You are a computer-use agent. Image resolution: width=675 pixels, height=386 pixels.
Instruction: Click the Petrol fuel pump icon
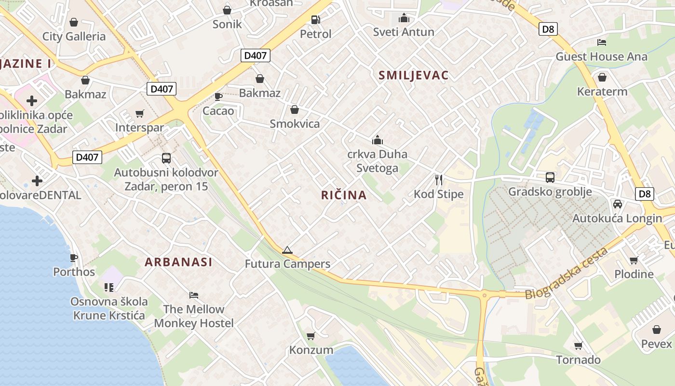(315, 19)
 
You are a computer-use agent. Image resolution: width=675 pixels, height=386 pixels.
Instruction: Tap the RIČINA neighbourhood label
(344, 195)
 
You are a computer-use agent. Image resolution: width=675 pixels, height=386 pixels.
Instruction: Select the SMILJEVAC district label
(413, 75)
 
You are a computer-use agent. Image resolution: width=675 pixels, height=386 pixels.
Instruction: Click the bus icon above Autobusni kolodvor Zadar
(166, 158)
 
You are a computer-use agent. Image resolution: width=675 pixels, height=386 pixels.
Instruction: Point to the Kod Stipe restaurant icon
(438, 180)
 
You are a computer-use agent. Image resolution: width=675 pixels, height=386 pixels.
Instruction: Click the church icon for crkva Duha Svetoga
(377, 140)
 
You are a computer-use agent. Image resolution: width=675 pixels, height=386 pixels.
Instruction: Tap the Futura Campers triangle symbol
(287, 250)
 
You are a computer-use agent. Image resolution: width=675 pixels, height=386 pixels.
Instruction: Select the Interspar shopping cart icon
(140, 113)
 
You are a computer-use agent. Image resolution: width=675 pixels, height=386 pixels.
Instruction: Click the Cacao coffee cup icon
(218, 96)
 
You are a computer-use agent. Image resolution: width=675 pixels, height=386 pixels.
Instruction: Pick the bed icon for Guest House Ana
(601, 42)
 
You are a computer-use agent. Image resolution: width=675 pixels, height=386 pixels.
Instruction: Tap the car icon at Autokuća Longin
(617, 204)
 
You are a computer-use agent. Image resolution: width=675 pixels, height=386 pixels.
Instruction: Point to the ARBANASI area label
(178, 262)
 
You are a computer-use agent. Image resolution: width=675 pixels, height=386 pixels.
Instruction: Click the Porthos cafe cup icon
(74, 258)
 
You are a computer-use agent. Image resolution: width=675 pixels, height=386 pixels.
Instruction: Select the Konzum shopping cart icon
(311, 335)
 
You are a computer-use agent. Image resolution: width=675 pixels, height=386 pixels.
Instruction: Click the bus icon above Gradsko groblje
(550, 177)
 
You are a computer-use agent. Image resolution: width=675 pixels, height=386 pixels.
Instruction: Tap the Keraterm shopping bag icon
(602, 77)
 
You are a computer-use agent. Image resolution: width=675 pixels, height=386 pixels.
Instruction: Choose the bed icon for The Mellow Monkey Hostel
(193, 295)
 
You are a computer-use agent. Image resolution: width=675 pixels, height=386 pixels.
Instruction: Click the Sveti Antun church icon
(404, 18)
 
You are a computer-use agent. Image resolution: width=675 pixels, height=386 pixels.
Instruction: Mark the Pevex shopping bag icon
(656, 330)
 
